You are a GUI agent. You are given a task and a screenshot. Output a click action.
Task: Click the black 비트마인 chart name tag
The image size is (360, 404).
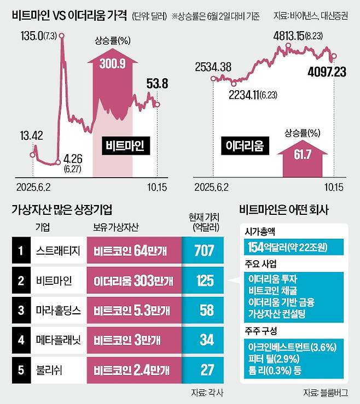coord(125,146)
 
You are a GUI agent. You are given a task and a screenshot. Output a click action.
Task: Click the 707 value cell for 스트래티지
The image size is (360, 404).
coord(204,251)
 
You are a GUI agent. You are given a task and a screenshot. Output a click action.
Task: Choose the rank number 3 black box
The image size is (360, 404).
coord(20,310)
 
